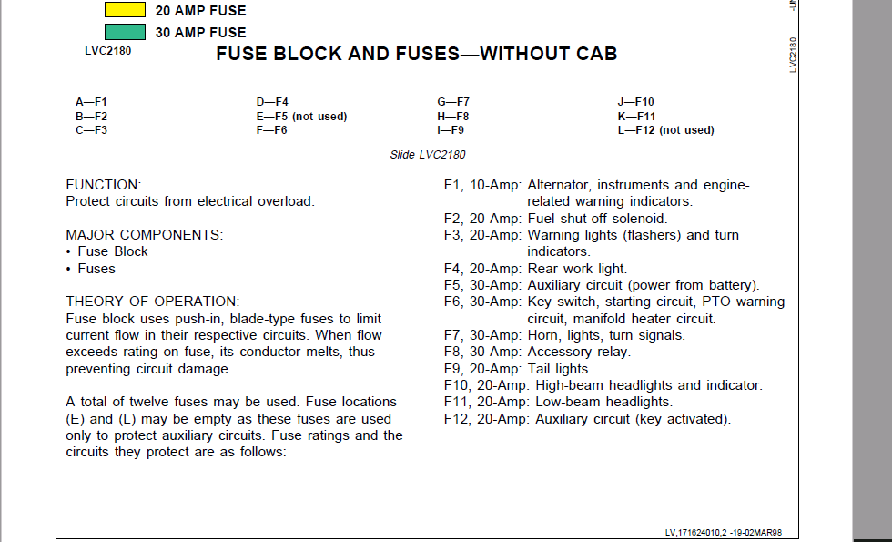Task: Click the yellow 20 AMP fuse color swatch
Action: click(125, 11)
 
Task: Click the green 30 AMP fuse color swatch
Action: click(125, 32)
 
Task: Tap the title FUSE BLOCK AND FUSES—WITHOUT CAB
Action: click(416, 54)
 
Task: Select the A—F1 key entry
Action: click(91, 102)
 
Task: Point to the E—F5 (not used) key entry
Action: click(301, 116)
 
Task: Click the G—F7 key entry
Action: click(453, 102)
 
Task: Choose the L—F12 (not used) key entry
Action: click(665, 130)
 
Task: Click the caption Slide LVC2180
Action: click(428, 155)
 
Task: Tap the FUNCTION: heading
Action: click(104, 185)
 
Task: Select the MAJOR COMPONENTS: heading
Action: click(144, 235)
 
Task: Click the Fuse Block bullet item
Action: click(112, 251)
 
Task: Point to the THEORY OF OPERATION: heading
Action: click(153, 302)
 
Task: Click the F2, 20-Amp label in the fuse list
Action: click(482, 219)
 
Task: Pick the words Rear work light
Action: click(577, 269)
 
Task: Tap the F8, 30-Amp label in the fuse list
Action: click(482, 352)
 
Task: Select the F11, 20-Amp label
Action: click(482, 402)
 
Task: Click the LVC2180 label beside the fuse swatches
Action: click(107, 51)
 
